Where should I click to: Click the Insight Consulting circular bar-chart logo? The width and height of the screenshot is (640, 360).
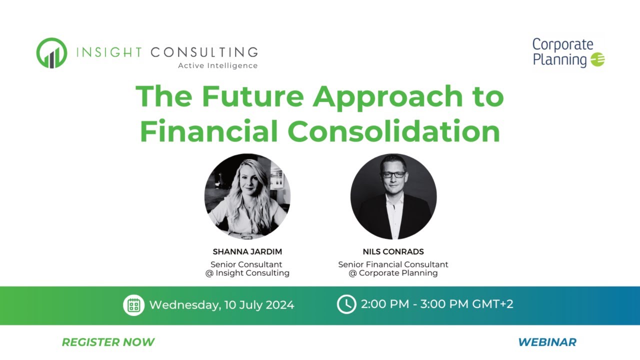51,53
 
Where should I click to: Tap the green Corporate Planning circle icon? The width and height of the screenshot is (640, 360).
597,59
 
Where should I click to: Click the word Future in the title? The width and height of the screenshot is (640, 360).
252,96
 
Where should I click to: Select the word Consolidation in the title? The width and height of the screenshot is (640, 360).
394,131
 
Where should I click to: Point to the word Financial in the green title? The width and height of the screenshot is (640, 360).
209,131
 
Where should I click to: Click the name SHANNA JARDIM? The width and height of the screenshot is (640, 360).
247,251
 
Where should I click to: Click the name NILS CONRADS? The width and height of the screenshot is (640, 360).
393,251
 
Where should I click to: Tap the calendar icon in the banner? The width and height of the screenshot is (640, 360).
133,305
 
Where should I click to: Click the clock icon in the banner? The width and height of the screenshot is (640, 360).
346,304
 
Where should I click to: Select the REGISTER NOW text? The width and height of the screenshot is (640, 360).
108,342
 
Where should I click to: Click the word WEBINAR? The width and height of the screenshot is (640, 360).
547,342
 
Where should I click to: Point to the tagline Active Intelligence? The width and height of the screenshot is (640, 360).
217,65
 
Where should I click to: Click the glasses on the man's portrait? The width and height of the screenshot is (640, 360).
393,174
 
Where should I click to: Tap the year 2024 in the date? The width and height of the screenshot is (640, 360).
280,305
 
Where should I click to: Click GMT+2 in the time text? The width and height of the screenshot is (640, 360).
492,304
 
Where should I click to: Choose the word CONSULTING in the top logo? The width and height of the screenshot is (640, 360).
204,52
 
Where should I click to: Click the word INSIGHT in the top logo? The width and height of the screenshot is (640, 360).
109,52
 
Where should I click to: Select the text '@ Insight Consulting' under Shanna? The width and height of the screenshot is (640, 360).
247,273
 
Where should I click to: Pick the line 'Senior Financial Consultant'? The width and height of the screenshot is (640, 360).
393,264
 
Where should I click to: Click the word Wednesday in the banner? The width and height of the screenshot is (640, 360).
185,305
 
